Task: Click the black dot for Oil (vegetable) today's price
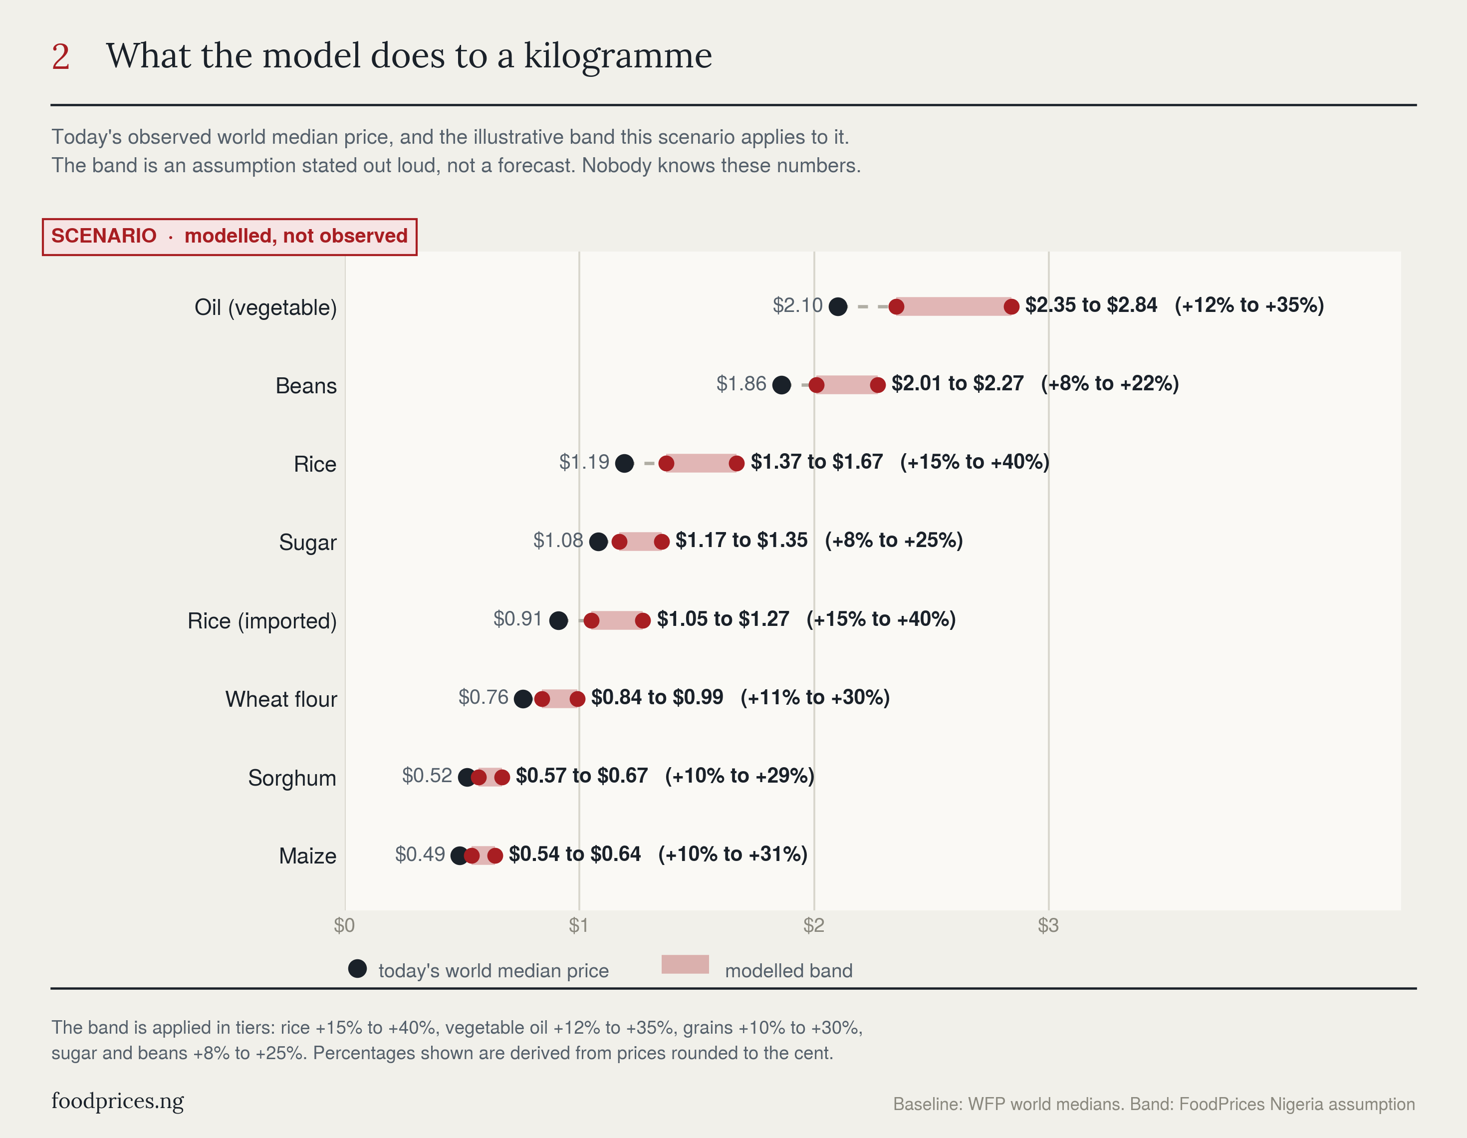point(838,307)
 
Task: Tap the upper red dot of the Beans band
point(877,385)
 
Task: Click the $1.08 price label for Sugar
point(558,540)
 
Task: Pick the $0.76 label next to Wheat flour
point(484,697)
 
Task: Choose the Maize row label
point(308,856)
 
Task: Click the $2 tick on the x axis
point(813,926)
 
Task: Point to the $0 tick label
point(345,926)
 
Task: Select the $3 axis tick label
point(1048,926)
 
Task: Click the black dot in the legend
point(357,969)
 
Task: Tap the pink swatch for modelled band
point(685,964)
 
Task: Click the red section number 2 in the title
point(60,56)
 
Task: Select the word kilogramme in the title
point(618,56)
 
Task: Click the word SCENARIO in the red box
point(104,236)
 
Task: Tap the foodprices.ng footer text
point(118,1101)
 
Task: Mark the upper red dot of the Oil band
point(1011,307)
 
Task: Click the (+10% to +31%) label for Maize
point(733,854)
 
